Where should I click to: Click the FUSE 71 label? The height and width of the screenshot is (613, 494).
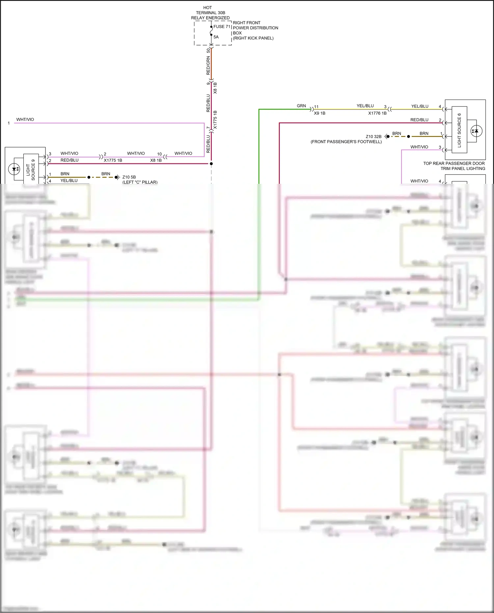(x=222, y=27)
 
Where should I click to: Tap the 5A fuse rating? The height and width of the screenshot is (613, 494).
(x=216, y=37)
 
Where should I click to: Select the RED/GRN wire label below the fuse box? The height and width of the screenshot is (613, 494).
(x=208, y=65)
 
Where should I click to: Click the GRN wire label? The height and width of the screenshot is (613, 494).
(x=301, y=106)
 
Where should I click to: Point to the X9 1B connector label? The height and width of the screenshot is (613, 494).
(x=319, y=113)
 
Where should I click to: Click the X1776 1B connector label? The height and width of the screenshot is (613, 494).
(x=377, y=113)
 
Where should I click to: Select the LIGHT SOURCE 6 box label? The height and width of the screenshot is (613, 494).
(x=459, y=130)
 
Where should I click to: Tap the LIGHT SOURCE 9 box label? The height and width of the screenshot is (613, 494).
(x=31, y=170)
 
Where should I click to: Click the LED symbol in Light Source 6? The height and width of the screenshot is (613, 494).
(x=476, y=131)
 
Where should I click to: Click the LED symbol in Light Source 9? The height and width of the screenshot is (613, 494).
(x=14, y=169)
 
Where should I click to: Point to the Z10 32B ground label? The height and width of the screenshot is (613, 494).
(x=373, y=136)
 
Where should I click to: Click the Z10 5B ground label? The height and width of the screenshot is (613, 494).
(x=129, y=177)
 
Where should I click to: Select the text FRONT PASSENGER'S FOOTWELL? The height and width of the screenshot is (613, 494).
(x=346, y=142)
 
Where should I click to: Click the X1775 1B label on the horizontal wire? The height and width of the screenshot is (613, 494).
(x=113, y=160)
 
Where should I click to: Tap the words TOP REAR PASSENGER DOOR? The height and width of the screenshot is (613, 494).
(x=454, y=163)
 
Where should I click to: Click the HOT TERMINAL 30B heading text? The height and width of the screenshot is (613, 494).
(x=210, y=13)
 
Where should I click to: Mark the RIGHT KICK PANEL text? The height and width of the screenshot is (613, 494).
(x=253, y=38)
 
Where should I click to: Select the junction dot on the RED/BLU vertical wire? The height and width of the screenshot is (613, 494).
(x=211, y=164)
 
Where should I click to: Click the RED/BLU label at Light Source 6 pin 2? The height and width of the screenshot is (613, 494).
(x=419, y=120)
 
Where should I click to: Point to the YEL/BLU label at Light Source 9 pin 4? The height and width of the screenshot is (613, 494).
(x=69, y=181)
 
